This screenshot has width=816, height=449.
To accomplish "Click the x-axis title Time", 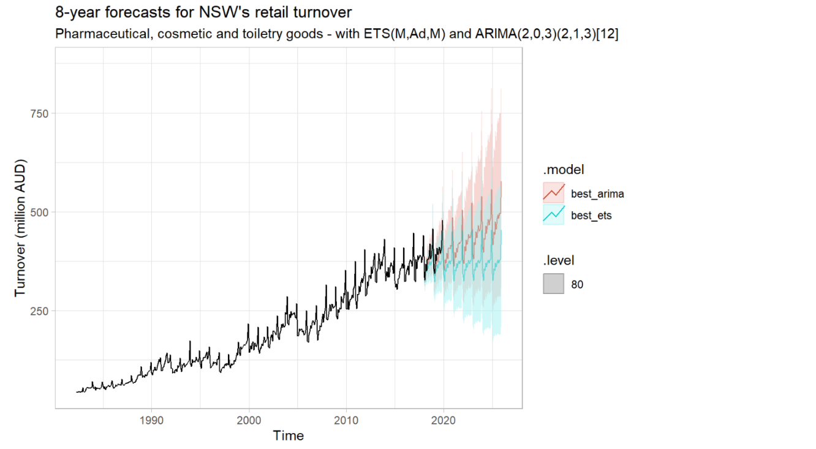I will (x=289, y=436).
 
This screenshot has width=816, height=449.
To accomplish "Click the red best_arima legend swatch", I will (x=553, y=192).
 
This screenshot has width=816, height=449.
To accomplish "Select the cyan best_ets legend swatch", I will (x=553, y=214).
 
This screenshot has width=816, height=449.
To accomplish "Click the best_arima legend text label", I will (x=597, y=194).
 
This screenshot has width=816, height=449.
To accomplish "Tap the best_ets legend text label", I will (x=591, y=216).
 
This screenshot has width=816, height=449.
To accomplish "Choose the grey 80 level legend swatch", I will (x=553, y=284).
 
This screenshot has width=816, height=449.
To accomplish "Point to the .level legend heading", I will (x=558, y=261).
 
